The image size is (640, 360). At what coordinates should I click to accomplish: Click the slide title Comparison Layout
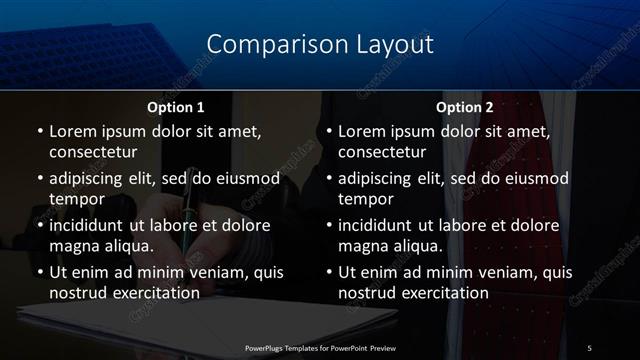point(320,45)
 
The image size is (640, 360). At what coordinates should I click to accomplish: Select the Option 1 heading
point(176,107)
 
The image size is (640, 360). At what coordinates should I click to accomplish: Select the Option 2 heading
point(464,107)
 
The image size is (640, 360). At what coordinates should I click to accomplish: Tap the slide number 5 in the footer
point(589,347)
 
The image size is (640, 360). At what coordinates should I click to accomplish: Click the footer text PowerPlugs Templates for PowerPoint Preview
point(319,347)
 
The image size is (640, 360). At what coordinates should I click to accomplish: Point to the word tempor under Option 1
point(75,198)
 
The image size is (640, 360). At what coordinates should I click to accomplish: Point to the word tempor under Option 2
point(365,198)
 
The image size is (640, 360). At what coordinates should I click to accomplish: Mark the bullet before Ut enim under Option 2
point(328,272)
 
